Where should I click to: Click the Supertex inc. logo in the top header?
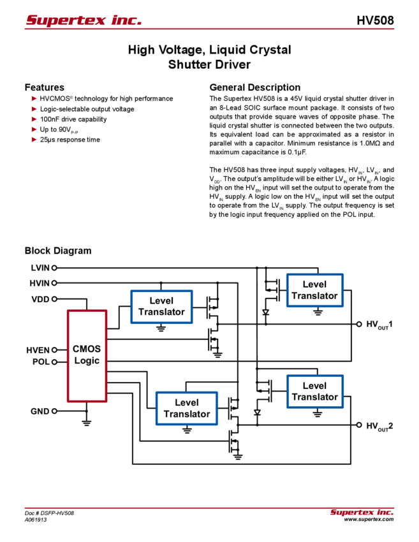(x=84, y=20)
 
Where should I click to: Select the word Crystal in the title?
(x=267, y=50)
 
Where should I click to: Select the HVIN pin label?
(x=43, y=282)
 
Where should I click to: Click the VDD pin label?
(x=43, y=299)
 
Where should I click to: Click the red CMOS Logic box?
(x=87, y=355)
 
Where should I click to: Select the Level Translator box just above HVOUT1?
(x=314, y=290)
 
